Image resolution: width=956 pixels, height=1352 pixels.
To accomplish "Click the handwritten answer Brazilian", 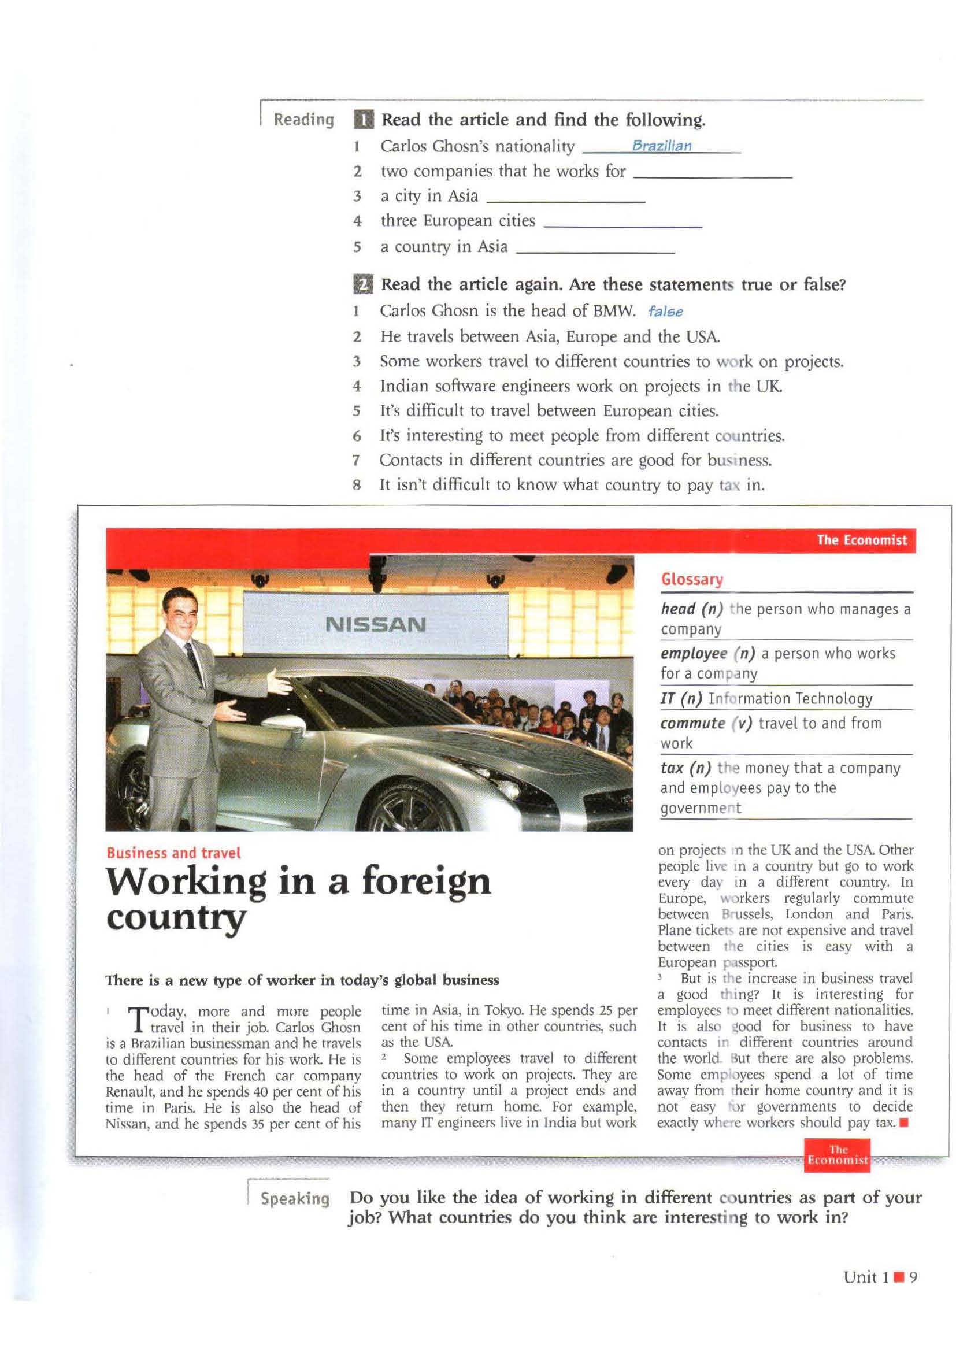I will pos(662,146).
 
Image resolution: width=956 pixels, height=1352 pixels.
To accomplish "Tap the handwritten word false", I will pos(665,312).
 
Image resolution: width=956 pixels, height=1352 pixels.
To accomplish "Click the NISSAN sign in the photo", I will pos(376,624).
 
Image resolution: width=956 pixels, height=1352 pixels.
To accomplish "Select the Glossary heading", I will pos(692,579).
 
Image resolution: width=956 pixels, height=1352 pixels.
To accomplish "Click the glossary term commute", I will pos(692,723).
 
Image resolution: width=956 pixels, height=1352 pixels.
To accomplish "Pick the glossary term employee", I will pos(694,654).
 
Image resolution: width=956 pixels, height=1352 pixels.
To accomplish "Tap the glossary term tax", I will pos(672,768).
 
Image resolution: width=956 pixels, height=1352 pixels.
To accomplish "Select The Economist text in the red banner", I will pos(862,540).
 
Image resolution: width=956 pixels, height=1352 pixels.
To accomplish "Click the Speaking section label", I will pos(295,1198).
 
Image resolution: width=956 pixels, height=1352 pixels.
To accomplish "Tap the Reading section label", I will pos(304,120).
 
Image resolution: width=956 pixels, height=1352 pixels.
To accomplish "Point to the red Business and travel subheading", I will pos(173,853).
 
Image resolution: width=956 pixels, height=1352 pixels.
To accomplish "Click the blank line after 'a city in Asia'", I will pos(566,199).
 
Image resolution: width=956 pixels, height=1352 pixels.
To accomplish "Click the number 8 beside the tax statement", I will pos(356,485).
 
